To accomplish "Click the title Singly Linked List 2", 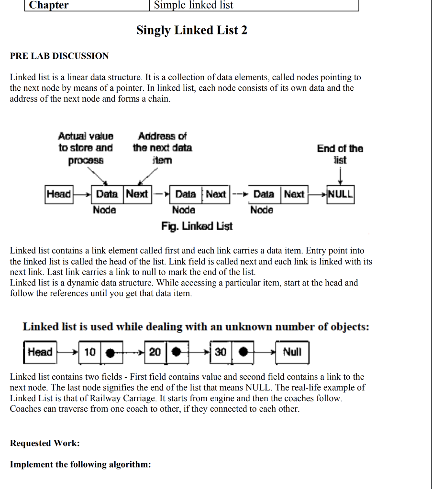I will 191,31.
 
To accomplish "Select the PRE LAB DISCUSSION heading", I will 59,56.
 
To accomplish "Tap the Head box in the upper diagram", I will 58,194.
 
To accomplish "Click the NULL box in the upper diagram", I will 340,194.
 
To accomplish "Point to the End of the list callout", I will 340,154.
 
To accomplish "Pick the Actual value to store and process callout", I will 86,148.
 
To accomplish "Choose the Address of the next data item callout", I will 162,148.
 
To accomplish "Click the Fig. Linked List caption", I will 197,225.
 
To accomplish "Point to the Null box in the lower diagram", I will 292,352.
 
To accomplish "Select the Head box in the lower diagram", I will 40,352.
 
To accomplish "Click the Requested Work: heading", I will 45,443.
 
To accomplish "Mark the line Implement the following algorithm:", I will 80,465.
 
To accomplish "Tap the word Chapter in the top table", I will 49,5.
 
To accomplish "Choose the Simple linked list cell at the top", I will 193,5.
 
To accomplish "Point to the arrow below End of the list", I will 340,177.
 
